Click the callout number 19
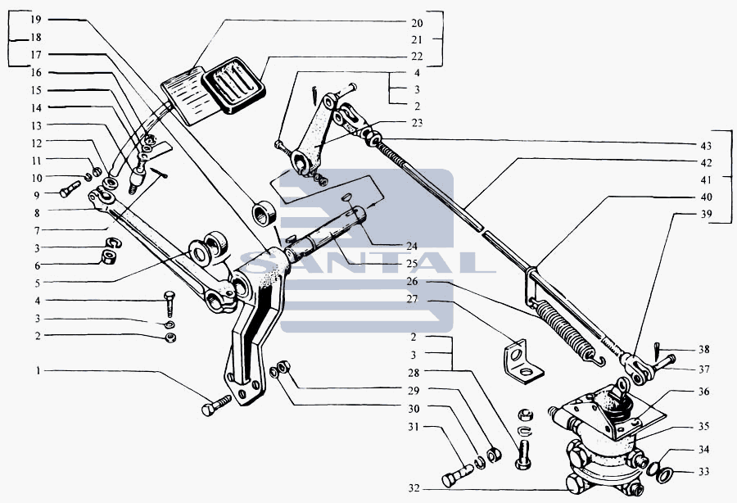tap(36, 20)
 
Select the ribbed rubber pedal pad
tap(233, 85)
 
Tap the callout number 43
tap(706, 146)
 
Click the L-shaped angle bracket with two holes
tap(523, 361)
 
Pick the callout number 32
tap(414, 488)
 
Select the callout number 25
tap(412, 264)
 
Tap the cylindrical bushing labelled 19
tap(264, 213)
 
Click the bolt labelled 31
tap(457, 474)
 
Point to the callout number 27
tap(412, 300)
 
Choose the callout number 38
tap(703, 349)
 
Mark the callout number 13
tap(36, 125)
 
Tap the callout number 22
tap(417, 57)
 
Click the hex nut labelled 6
tap(109, 256)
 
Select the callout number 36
tap(703, 392)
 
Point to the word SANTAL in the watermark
tap(367, 263)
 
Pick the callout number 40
tap(706, 197)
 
